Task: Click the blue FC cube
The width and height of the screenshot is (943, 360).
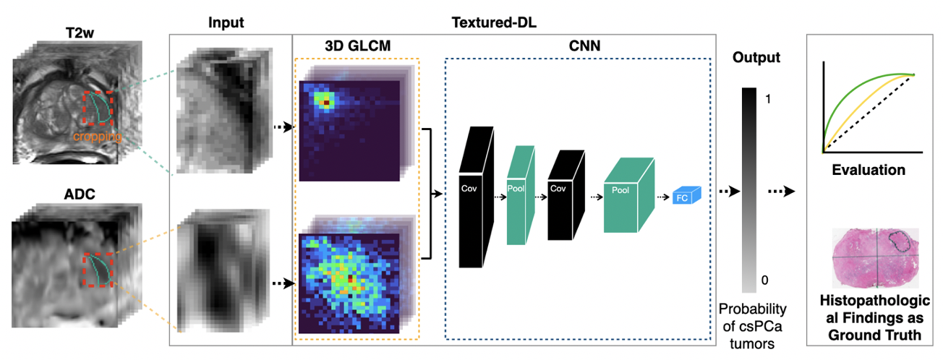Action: tap(683, 196)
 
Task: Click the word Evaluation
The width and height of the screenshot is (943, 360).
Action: tap(869, 171)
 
